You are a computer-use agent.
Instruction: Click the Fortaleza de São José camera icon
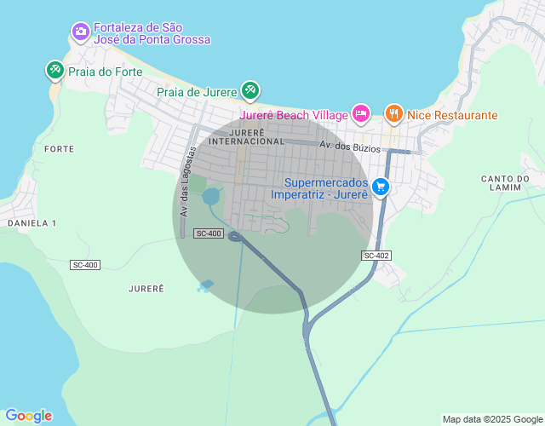(80, 32)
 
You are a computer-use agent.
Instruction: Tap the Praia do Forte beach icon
(55, 71)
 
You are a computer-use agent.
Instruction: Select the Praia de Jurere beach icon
(250, 89)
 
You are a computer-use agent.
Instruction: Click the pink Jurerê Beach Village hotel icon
(361, 113)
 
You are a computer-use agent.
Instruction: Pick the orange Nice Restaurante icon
(393, 112)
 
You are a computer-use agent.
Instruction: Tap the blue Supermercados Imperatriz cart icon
(380, 186)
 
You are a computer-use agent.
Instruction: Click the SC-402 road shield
(376, 256)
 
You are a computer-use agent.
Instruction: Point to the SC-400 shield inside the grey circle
(209, 233)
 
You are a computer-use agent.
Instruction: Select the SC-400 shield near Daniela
(85, 265)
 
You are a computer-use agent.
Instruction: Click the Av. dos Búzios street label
(350, 147)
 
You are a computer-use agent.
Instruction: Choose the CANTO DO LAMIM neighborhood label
(505, 182)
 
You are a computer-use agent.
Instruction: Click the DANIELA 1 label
(32, 222)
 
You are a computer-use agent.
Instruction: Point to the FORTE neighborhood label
(59, 148)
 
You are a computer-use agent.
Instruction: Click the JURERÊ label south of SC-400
(146, 289)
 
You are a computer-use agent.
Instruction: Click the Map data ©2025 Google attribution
(491, 419)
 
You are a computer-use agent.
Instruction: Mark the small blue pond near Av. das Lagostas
(210, 197)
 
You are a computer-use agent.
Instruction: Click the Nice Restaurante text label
(452, 115)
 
